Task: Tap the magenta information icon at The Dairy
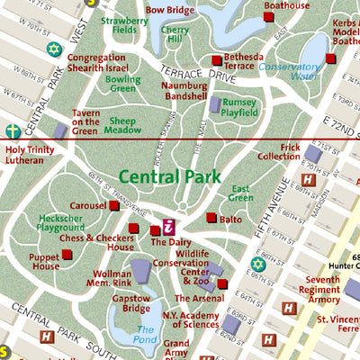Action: pyautogui.click(x=167, y=226)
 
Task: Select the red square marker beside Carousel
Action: pyautogui.click(x=114, y=206)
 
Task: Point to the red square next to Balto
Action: pyautogui.click(x=211, y=218)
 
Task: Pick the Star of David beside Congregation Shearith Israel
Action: pyautogui.click(x=53, y=48)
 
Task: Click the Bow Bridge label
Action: pyautogui.click(x=169, y=10)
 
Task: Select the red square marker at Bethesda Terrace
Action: pyautogui.click(x=216, y=60)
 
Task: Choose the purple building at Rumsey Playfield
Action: pyautogui.click(x=215, y=105)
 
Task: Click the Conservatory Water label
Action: pyautogui.click(x=289, y=71)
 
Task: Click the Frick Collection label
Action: pyautogui.click(x=277, y=151)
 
